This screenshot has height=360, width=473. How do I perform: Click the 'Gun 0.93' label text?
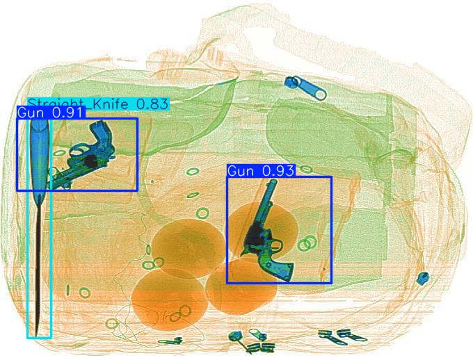click(261, 170)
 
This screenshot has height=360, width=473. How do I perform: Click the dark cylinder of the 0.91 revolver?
click(88, 160)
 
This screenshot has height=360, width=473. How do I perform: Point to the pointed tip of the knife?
click(33, 333)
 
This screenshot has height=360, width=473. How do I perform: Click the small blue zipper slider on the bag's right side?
click(422, 279)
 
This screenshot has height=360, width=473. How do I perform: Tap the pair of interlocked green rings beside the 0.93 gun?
click(307, 243)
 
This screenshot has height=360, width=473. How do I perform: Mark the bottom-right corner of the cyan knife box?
click(51, 338)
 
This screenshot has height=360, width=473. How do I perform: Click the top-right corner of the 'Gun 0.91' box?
click(137, 118)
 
